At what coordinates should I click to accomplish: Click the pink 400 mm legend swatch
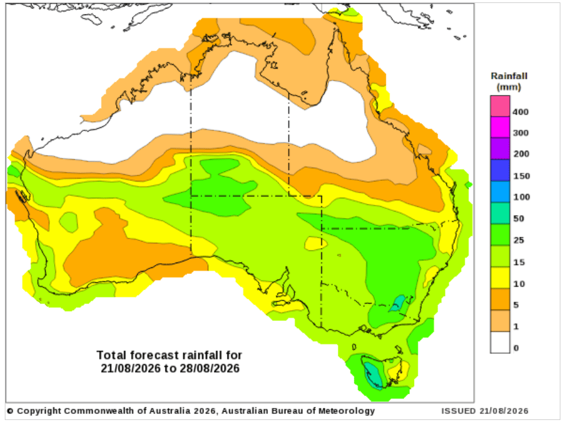pyautogui.click(x=500, y=106)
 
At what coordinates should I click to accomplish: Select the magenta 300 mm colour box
pyautogui.click(x=500, y=127)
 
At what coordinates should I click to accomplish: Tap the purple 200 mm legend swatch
pyautogui.click(x=500, y=148)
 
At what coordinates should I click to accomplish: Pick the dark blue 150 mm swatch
pyautogui.click(x=500, y=170)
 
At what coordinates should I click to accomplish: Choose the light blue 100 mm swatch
pyautogui.click(x=500, y=192)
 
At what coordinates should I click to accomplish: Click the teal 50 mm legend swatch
pyautogui.click(x=500, y=213)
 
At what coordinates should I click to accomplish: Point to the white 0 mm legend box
pyautogui.click(x=500, y=342)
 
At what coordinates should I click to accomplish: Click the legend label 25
pyautogui.click(x=519, y=240)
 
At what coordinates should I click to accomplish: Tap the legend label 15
pyautogui.click(x=519, y=263)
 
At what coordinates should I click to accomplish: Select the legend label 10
pyautogui.click(x=519, y=284)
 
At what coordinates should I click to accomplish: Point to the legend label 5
pyautogui.click(x=516, y=305)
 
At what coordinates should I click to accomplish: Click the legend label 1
pyautogui.click(x=516, y=327)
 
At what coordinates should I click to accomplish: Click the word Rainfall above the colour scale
pyautogui.click(x=509, y=76)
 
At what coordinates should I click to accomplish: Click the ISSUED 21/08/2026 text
pyautogui.click(x=485, y=411)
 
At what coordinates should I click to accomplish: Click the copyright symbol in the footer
pyautogui.click(x=10, y=411)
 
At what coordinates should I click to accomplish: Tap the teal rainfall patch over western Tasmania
pyautogui.click(x=373, y=376)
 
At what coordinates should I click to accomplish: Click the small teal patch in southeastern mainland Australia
pyautogui.click(x=398, y=303)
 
